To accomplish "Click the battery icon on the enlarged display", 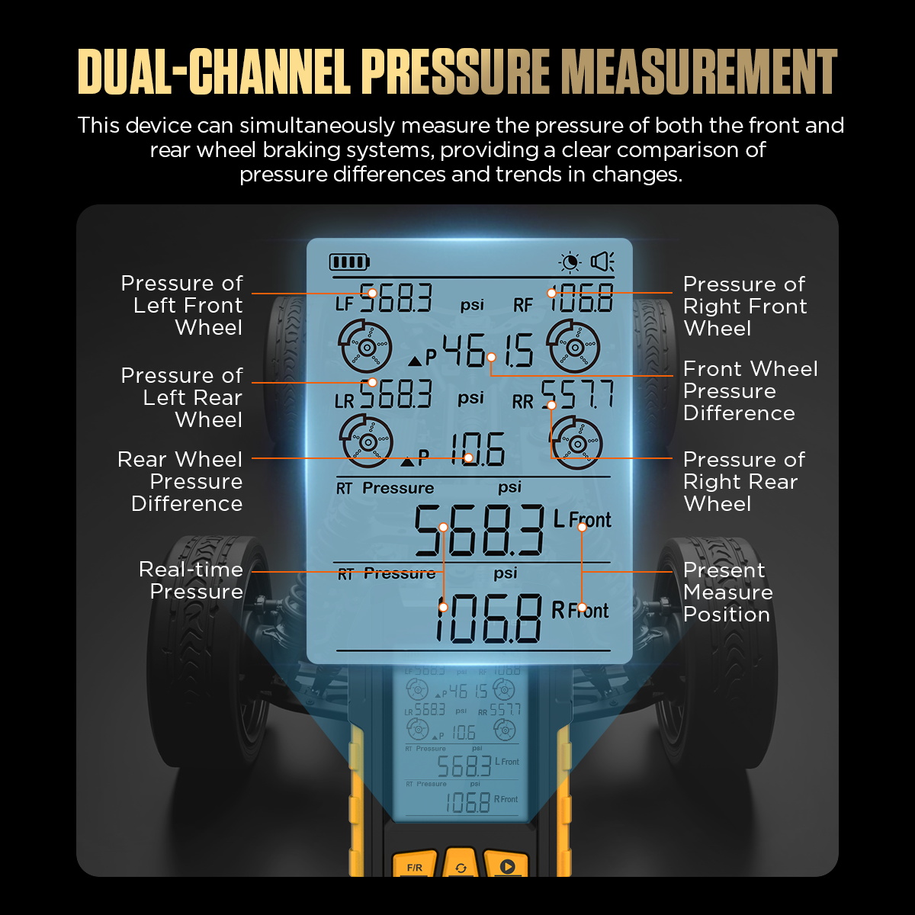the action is coord(349,262).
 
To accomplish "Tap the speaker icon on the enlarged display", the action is coord(602,262).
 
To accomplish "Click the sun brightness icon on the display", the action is coord(570,262).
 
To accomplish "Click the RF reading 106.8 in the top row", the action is coord(581,297).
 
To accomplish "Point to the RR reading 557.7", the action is coord(578,394).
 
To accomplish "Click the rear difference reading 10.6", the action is coord(477,449).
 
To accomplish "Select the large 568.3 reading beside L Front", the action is coord(479,531).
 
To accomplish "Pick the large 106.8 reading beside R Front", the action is coord(488,619).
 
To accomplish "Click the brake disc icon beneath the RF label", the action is coord(573,347).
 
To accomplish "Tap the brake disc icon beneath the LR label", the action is coord(366,442).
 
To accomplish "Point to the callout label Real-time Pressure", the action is coord(191,580).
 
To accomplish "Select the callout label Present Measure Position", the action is coord(728,592).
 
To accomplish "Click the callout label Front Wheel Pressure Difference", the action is coord(750,391).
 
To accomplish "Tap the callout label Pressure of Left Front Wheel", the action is coord(182,305).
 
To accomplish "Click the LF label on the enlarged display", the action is coord(344,304).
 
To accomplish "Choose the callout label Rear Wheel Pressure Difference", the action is coord(180,481).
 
